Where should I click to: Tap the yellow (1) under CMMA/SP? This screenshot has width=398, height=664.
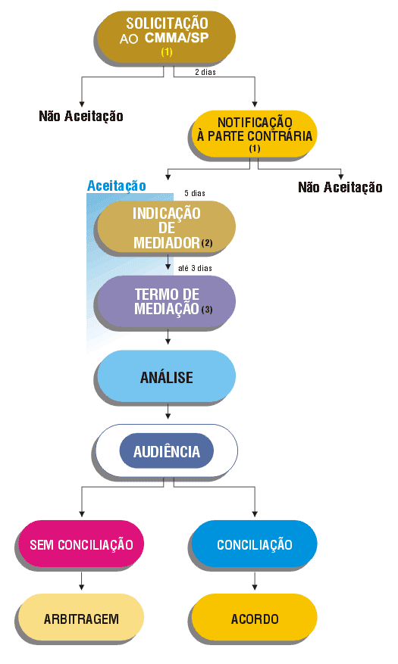point(167,52)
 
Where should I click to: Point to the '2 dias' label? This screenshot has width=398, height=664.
point(205,73)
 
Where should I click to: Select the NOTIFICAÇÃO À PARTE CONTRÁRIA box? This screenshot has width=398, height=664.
point(254,134)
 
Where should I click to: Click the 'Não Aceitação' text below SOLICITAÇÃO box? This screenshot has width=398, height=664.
point(81,116)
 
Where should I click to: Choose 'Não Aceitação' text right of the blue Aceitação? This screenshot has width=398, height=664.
point(340,187)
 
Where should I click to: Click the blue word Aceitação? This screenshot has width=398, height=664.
point(117,186)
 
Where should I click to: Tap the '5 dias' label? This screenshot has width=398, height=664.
point(195,194)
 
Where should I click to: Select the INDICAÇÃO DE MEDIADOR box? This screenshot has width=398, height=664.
point(166,226)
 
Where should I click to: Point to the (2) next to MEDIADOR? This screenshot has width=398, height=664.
point(207,243)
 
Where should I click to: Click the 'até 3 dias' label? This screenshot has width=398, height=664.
point(195,268)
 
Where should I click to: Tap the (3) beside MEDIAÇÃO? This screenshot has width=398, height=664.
point(207,310)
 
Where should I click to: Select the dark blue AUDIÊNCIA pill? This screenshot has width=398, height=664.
point(167,451)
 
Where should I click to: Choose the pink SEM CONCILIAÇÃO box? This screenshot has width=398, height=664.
point(81,544)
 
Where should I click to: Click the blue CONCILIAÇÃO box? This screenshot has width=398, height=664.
point(254,544)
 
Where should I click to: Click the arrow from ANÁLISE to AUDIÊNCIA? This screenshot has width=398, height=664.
point(168,411)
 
